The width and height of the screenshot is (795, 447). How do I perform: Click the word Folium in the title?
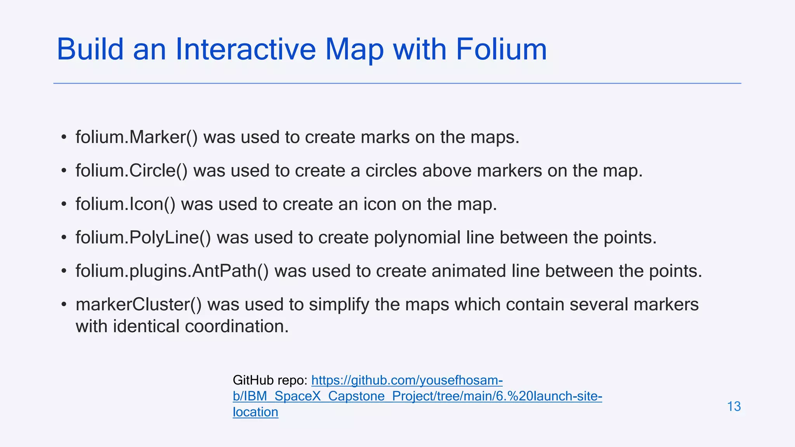[501, 49]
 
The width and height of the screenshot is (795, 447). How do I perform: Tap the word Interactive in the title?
[245, 49]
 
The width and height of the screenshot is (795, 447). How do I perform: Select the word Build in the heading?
[90, 49]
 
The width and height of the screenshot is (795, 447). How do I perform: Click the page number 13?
[734, 406]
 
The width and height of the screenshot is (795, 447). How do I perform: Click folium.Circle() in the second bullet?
[132, 171]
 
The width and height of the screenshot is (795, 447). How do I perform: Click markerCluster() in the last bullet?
[139, 305]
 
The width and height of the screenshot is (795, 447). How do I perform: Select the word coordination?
[237, 326]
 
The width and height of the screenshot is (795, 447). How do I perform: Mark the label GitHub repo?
[270, 380]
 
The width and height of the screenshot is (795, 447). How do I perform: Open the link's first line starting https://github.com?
[407, 380]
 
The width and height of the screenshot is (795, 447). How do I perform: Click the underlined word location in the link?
[255, 412]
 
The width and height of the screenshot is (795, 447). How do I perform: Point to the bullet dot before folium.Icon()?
[64, 205]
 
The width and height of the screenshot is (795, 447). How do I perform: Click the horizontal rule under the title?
[397, 83]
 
